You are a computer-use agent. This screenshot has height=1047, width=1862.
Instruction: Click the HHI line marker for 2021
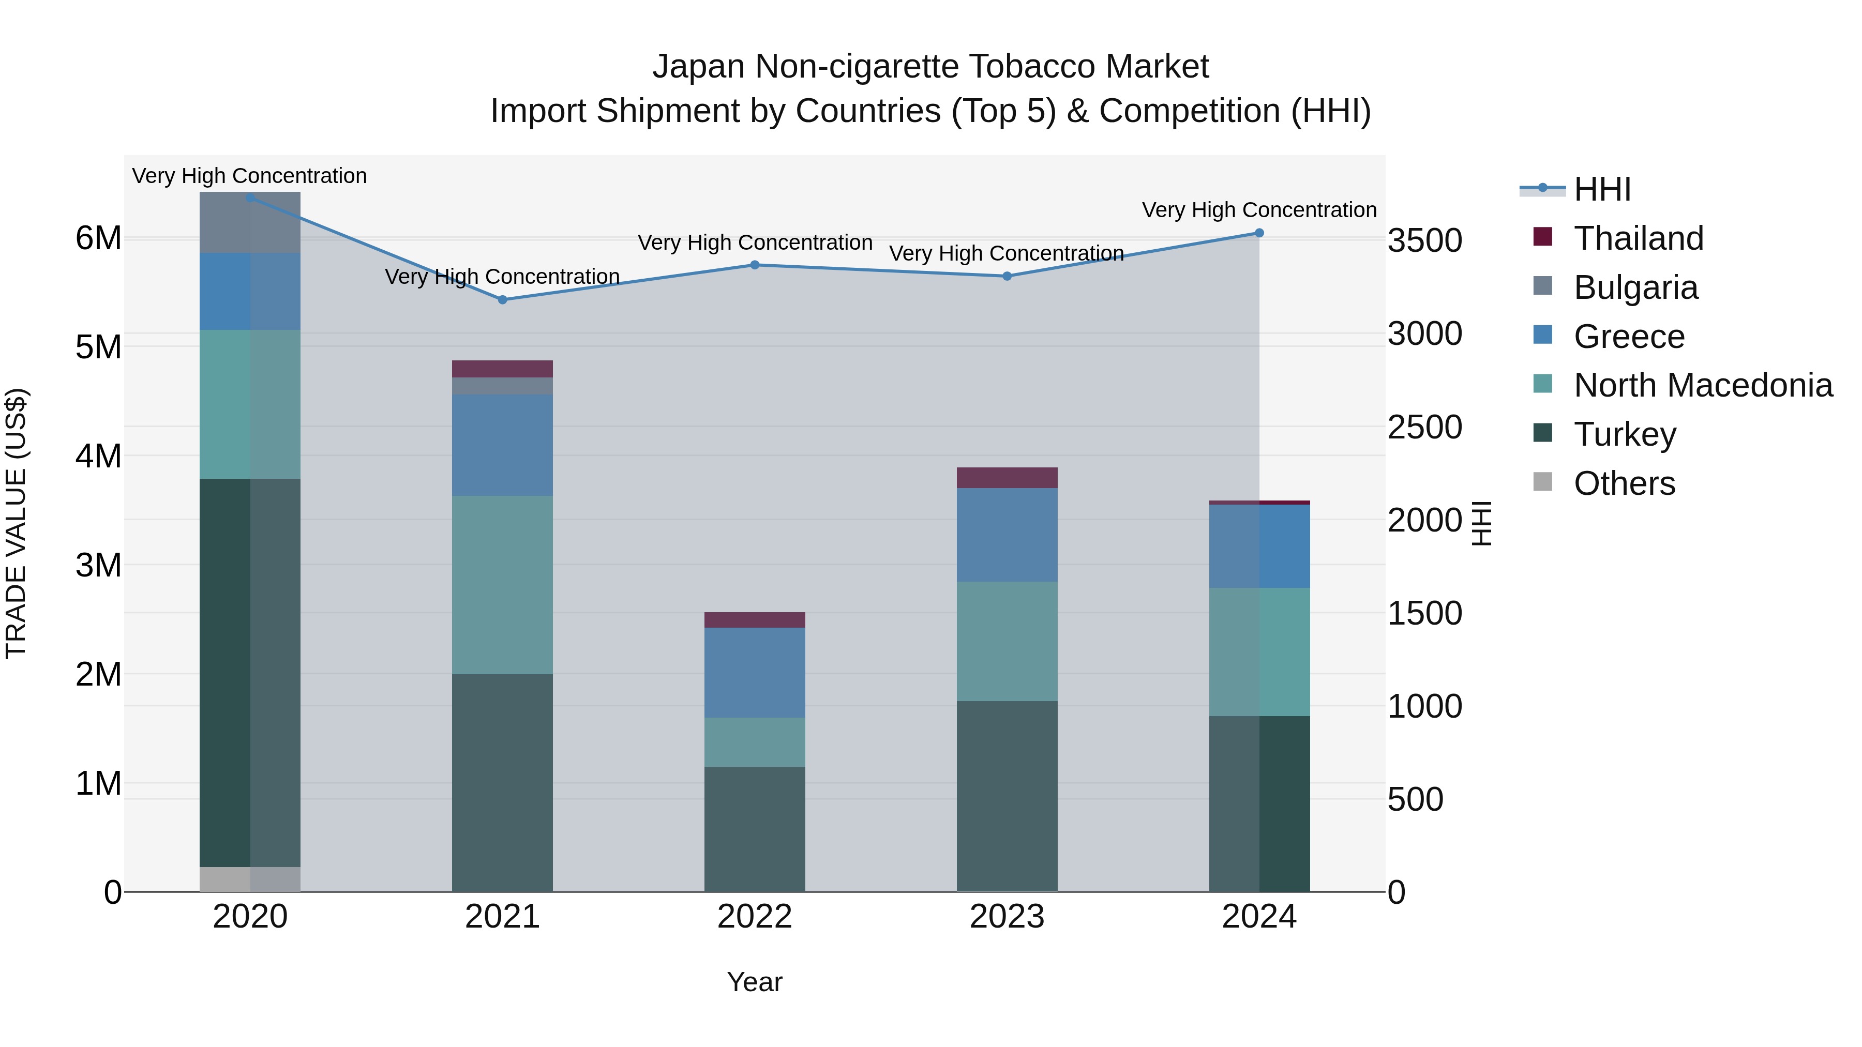[x=502, y=299]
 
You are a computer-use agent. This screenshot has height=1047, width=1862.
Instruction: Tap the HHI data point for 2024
[x=1259, y=233]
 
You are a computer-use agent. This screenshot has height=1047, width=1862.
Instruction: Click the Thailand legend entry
[x=1638, y=238]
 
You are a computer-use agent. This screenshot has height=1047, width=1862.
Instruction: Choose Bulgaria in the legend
[x=1635, y=287]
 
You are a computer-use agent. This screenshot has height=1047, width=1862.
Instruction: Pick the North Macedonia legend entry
[x=1702, y=385]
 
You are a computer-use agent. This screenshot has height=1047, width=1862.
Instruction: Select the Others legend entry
[x=1624, y=483]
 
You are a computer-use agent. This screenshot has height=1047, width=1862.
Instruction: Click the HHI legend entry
[x=1602, y=189]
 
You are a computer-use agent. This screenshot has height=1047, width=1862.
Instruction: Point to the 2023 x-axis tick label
[x=1007, y=917]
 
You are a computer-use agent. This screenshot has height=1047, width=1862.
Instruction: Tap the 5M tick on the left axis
[x=98, y=347]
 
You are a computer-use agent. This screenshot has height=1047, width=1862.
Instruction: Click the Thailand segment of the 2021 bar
[x=502, y=369]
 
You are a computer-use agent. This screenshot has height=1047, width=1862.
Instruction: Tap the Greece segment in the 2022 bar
[x=755, y=672]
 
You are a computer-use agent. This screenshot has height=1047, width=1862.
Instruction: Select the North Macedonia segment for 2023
[x=1007, y=641]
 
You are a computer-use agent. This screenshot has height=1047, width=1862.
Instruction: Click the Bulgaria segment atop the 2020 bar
[x=250, y=222]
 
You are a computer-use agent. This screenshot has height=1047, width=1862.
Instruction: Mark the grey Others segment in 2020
[x=250, y=878]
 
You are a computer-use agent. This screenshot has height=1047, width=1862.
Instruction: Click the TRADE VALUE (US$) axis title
[x=16, y=523]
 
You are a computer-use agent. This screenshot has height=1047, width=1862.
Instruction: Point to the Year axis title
[x=755, y=982]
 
